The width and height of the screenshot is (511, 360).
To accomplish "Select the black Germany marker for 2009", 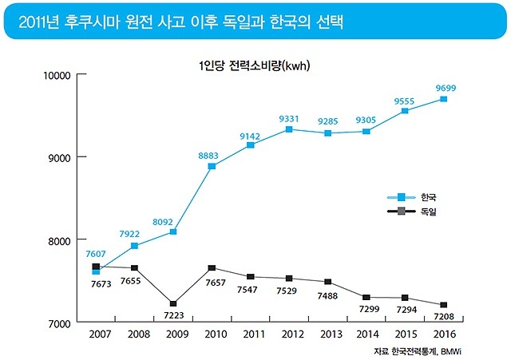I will pyautogui.click(x=173, y=303).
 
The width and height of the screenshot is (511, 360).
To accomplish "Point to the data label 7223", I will pyautogui.click(x=173, y=316).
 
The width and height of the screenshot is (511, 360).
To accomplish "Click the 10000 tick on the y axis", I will pyautogui.click(x=58, y=75).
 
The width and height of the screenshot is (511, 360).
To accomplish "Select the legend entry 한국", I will pyautogui.click(x=428, y=196).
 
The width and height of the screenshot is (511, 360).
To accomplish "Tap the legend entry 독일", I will pyautogui.click(x=428, y=211).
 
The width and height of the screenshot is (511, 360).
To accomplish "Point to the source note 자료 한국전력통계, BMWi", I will pyautogui.click(x=422, y=350).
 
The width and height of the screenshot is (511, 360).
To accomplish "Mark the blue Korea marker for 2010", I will pyautogui.click(x=212, y=166).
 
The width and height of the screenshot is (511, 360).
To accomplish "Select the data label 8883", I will pyautogui.click(x=209, y=153).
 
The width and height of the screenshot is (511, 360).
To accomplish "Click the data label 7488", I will pyautogui.click(x=327, y=295).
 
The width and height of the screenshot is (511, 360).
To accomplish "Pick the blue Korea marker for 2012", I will pyautogui.click(x=289, y=129).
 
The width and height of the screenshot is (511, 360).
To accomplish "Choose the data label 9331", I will pyautogui.click(x=289, y=118).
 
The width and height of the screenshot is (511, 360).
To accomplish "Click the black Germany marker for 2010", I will pyautogui.click(x=212, y=268).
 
